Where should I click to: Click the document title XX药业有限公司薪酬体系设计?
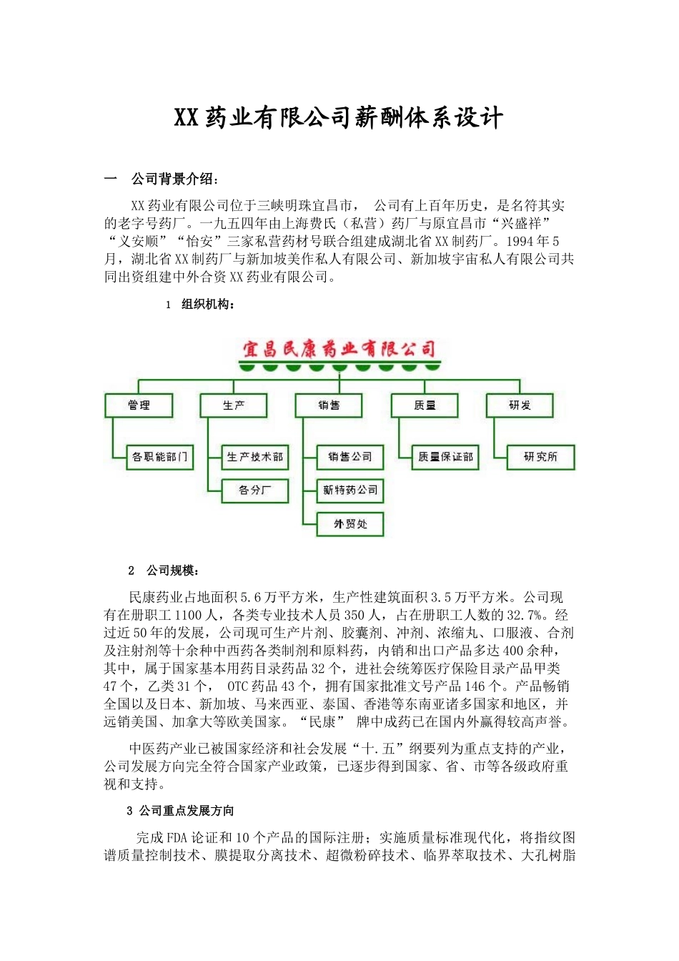point(339,118)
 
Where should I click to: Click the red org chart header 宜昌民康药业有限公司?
point(339,349)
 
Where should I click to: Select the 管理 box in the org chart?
point(139,405)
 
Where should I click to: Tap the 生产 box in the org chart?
point(234,405)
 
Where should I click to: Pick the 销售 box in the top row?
point(329,405)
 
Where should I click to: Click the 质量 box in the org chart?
point(425,405)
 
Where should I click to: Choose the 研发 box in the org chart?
point(520,405)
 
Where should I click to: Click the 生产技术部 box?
point(255,457)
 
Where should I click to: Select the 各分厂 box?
point(255,491)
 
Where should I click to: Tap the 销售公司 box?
point(350,457)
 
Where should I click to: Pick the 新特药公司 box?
point(350,491)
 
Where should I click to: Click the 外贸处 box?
point(350,524)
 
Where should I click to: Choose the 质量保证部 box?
point(445,457)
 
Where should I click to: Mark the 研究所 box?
point(540,457)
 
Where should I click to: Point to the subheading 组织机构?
point(208,305)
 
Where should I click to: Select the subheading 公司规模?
point(173,571)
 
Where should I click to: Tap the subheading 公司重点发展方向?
point(187,811)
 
